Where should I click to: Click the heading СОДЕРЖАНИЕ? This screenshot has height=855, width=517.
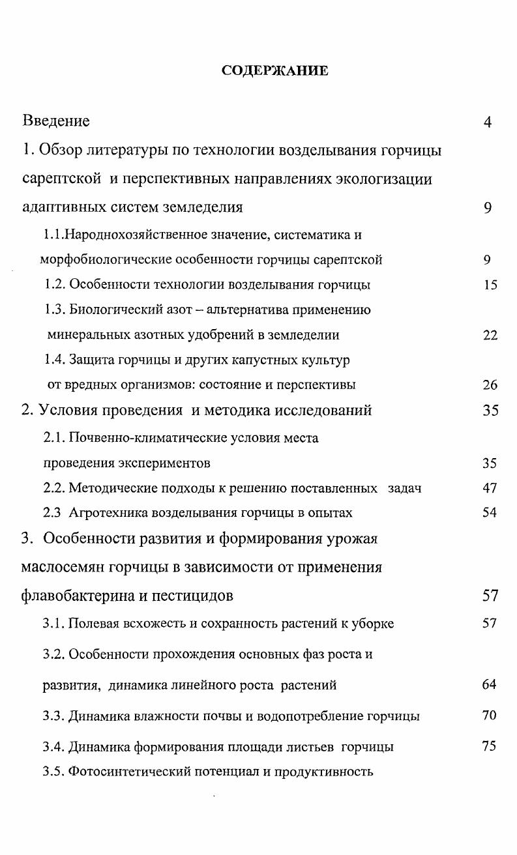click(x=274, y=70)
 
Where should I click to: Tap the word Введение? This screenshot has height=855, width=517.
click(x=56, y=121)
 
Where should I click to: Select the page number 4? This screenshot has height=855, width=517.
click(x=488, y=122)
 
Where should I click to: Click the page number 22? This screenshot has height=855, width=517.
click(x=490, y=336)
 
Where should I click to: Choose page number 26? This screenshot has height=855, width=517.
click(x=490, y=385)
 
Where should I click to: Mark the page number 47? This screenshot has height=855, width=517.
click(x=490, y=488)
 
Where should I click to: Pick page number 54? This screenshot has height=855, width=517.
click(x=490, y=513)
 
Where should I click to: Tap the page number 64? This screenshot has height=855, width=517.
click(x=489, y=685)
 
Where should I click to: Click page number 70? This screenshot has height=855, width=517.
click(x=489, y=716)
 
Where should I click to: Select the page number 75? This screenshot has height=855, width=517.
click(x=489, y=747)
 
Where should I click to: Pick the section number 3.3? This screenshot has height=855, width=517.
click(x=53, y=716)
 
